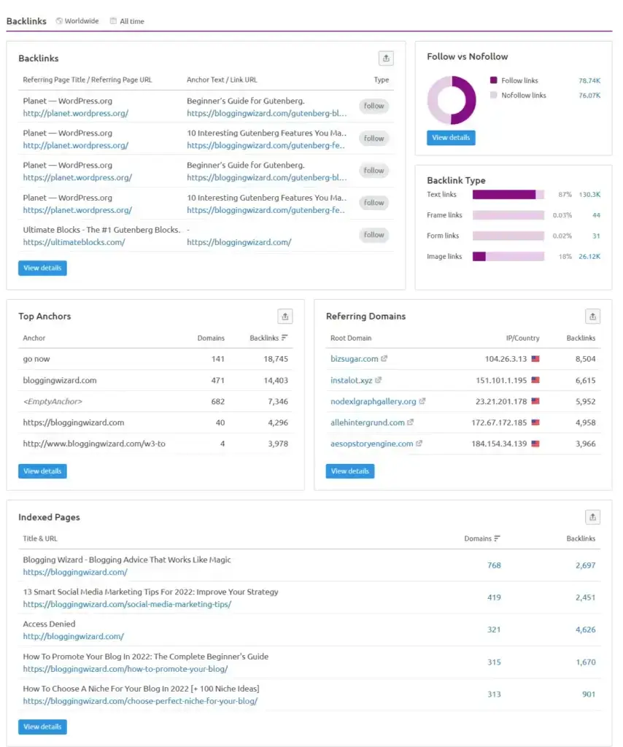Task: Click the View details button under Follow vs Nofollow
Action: tap(451, 138)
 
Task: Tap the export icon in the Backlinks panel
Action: tap(386, 58)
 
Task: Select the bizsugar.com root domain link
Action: tap(355, 359)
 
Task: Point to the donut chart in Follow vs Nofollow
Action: tap(452, 101)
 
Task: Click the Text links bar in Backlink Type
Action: tap(508, 195)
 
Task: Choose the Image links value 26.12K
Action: tap(589, 257)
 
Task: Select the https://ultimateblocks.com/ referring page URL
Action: tap(74, 242)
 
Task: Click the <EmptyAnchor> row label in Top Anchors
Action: tap(53, 401)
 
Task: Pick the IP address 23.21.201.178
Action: tap(512, 401)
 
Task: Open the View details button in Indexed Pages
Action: tap(42, 727)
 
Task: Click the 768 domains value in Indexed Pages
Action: tap(494, 565)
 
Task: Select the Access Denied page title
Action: tap(49, 624)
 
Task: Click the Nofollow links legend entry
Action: tap(523, 96)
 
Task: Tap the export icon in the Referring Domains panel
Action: tap(593, 316)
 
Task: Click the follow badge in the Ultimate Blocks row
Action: tap(374, 235)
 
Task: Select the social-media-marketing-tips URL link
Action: tap(127, 604)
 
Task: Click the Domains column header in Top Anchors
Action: tap(211, 338)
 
